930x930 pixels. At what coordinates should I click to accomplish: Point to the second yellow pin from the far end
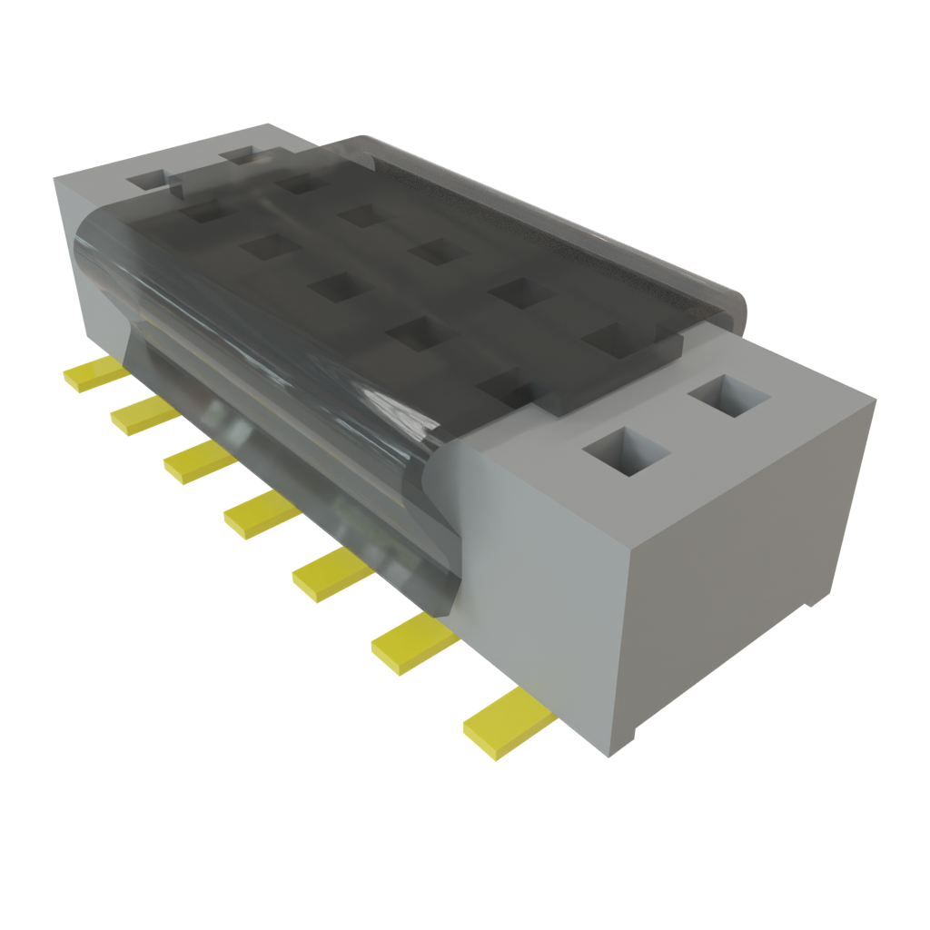pyautogui.click(x=143, y=416)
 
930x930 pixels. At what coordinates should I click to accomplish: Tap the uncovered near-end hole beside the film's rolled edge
pyautogui.click(x=729, y=398)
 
